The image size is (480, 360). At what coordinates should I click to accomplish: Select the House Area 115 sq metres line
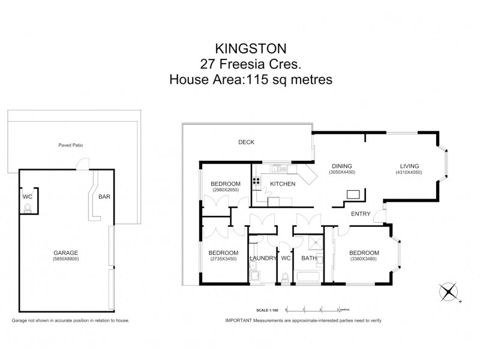(x=251, y=79)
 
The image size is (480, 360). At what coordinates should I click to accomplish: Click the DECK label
(x=247, y=143)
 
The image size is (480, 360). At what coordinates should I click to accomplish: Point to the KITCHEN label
(x=282, y=184)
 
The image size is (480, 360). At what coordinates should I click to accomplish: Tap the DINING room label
(x=342, y=166)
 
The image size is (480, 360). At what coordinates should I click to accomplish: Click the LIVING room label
(x=410, y=166)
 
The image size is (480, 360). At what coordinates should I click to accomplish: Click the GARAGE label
(x=64, y=253)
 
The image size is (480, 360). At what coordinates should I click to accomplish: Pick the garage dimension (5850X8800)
(x=64, y=259)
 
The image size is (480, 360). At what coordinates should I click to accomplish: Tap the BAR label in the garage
(x=104, y=196)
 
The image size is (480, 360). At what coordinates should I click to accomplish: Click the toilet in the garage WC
(x=28, y=208)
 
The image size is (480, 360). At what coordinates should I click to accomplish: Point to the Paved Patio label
(x=70, y=145)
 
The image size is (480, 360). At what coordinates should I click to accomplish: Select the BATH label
(x=309, y=258)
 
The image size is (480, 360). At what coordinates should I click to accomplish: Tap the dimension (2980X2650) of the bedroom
(x=226, y=190)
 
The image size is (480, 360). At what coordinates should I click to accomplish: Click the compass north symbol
(x=448, y=292)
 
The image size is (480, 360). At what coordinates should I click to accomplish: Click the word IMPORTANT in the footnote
(x=239, y=321)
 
